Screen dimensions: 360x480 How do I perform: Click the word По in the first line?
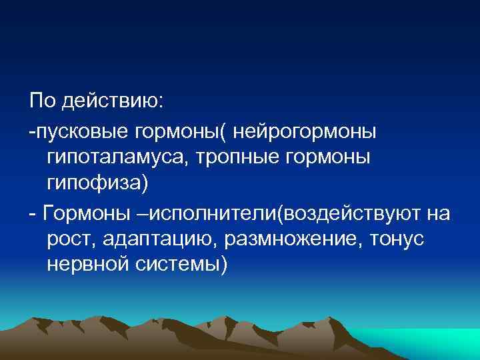pos(42,101)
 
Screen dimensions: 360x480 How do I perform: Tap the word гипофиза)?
pos(94,183)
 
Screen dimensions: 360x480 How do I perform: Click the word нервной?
pos(90,265)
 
